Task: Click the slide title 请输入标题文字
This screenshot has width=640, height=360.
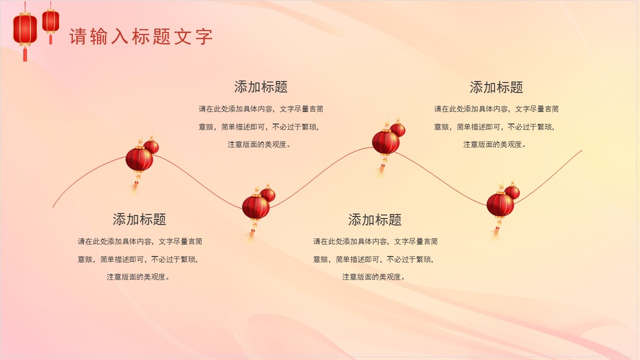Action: point(141,37)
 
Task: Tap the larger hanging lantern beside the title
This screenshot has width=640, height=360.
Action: point(25,29)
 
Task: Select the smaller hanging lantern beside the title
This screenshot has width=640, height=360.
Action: point(50,21)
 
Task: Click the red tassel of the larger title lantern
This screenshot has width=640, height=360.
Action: point(25,54)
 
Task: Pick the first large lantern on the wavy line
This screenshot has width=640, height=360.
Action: point(139,159)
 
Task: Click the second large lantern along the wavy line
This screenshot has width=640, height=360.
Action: point(255,207)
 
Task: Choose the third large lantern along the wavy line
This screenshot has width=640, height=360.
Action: point(385,142)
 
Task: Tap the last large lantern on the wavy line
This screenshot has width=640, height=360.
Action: point(500,204)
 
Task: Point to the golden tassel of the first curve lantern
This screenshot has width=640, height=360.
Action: point(134,187)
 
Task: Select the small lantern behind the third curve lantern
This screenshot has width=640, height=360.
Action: point(398,129)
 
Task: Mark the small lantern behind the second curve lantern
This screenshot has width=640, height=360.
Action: point(268,194)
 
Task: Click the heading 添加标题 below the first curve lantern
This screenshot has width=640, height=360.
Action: point(139,219)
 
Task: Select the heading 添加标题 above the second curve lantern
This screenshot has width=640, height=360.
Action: point(261,87)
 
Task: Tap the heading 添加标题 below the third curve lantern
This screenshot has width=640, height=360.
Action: point(375,220)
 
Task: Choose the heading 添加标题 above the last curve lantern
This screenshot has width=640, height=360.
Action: point(496,87)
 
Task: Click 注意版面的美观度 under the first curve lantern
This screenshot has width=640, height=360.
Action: point(138,277)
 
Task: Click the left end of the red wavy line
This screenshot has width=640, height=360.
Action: point(53,206)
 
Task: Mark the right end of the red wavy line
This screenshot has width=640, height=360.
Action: point(581,151)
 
